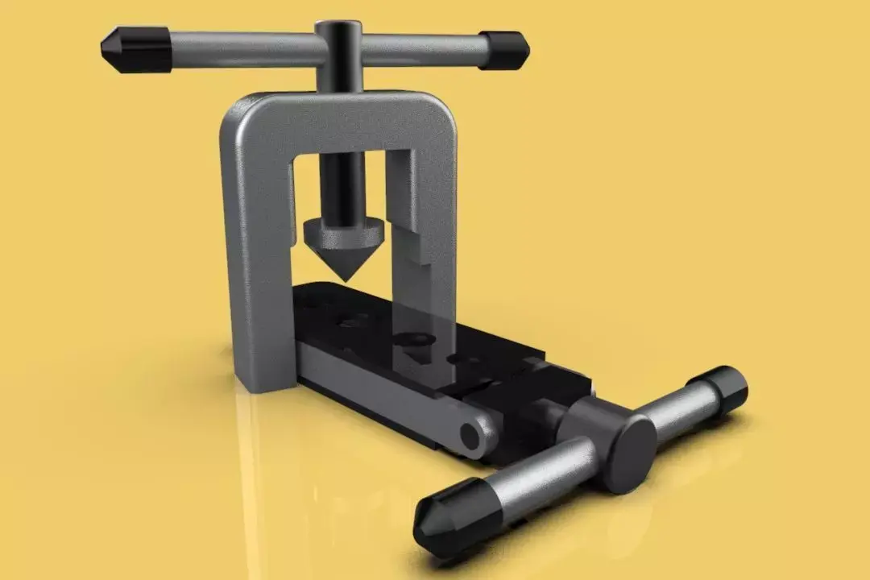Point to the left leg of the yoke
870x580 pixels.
[254, 258]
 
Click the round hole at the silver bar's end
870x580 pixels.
[470, 436]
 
